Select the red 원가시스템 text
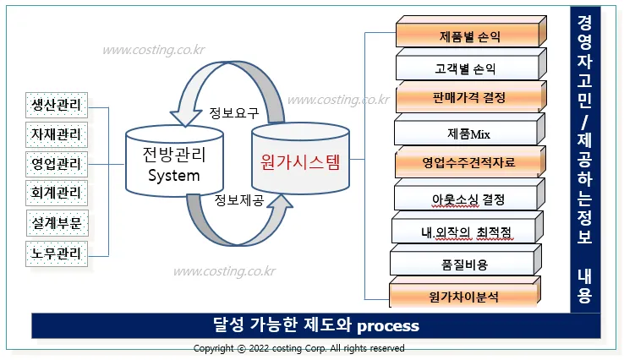299,161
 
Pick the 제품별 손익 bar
468,37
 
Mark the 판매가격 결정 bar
468,98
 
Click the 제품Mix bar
468,134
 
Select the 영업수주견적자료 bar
468,161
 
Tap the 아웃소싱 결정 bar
468,199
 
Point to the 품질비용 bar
465,265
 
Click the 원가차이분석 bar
465,297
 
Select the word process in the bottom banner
388,325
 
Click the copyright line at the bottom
299,348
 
